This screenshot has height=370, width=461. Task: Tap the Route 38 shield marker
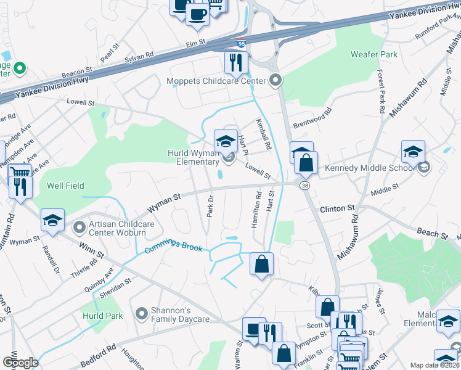point(305,185)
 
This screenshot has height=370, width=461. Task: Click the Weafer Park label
point(373,54)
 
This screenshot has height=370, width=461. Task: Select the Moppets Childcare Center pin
point(275,81)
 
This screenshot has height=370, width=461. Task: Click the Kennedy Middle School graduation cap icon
point(413,152)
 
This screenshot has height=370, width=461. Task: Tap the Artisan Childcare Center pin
point(79,228)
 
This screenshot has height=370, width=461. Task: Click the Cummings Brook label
point(173,247)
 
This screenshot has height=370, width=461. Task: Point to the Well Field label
point(65,186)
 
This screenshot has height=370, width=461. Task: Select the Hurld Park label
point(102,316)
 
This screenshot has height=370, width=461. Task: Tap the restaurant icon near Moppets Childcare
point(236,62)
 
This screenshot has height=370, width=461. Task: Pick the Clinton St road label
point(338,209)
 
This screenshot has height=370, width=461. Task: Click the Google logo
point(20,363)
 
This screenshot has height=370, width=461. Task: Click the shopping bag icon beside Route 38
point(306,164)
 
